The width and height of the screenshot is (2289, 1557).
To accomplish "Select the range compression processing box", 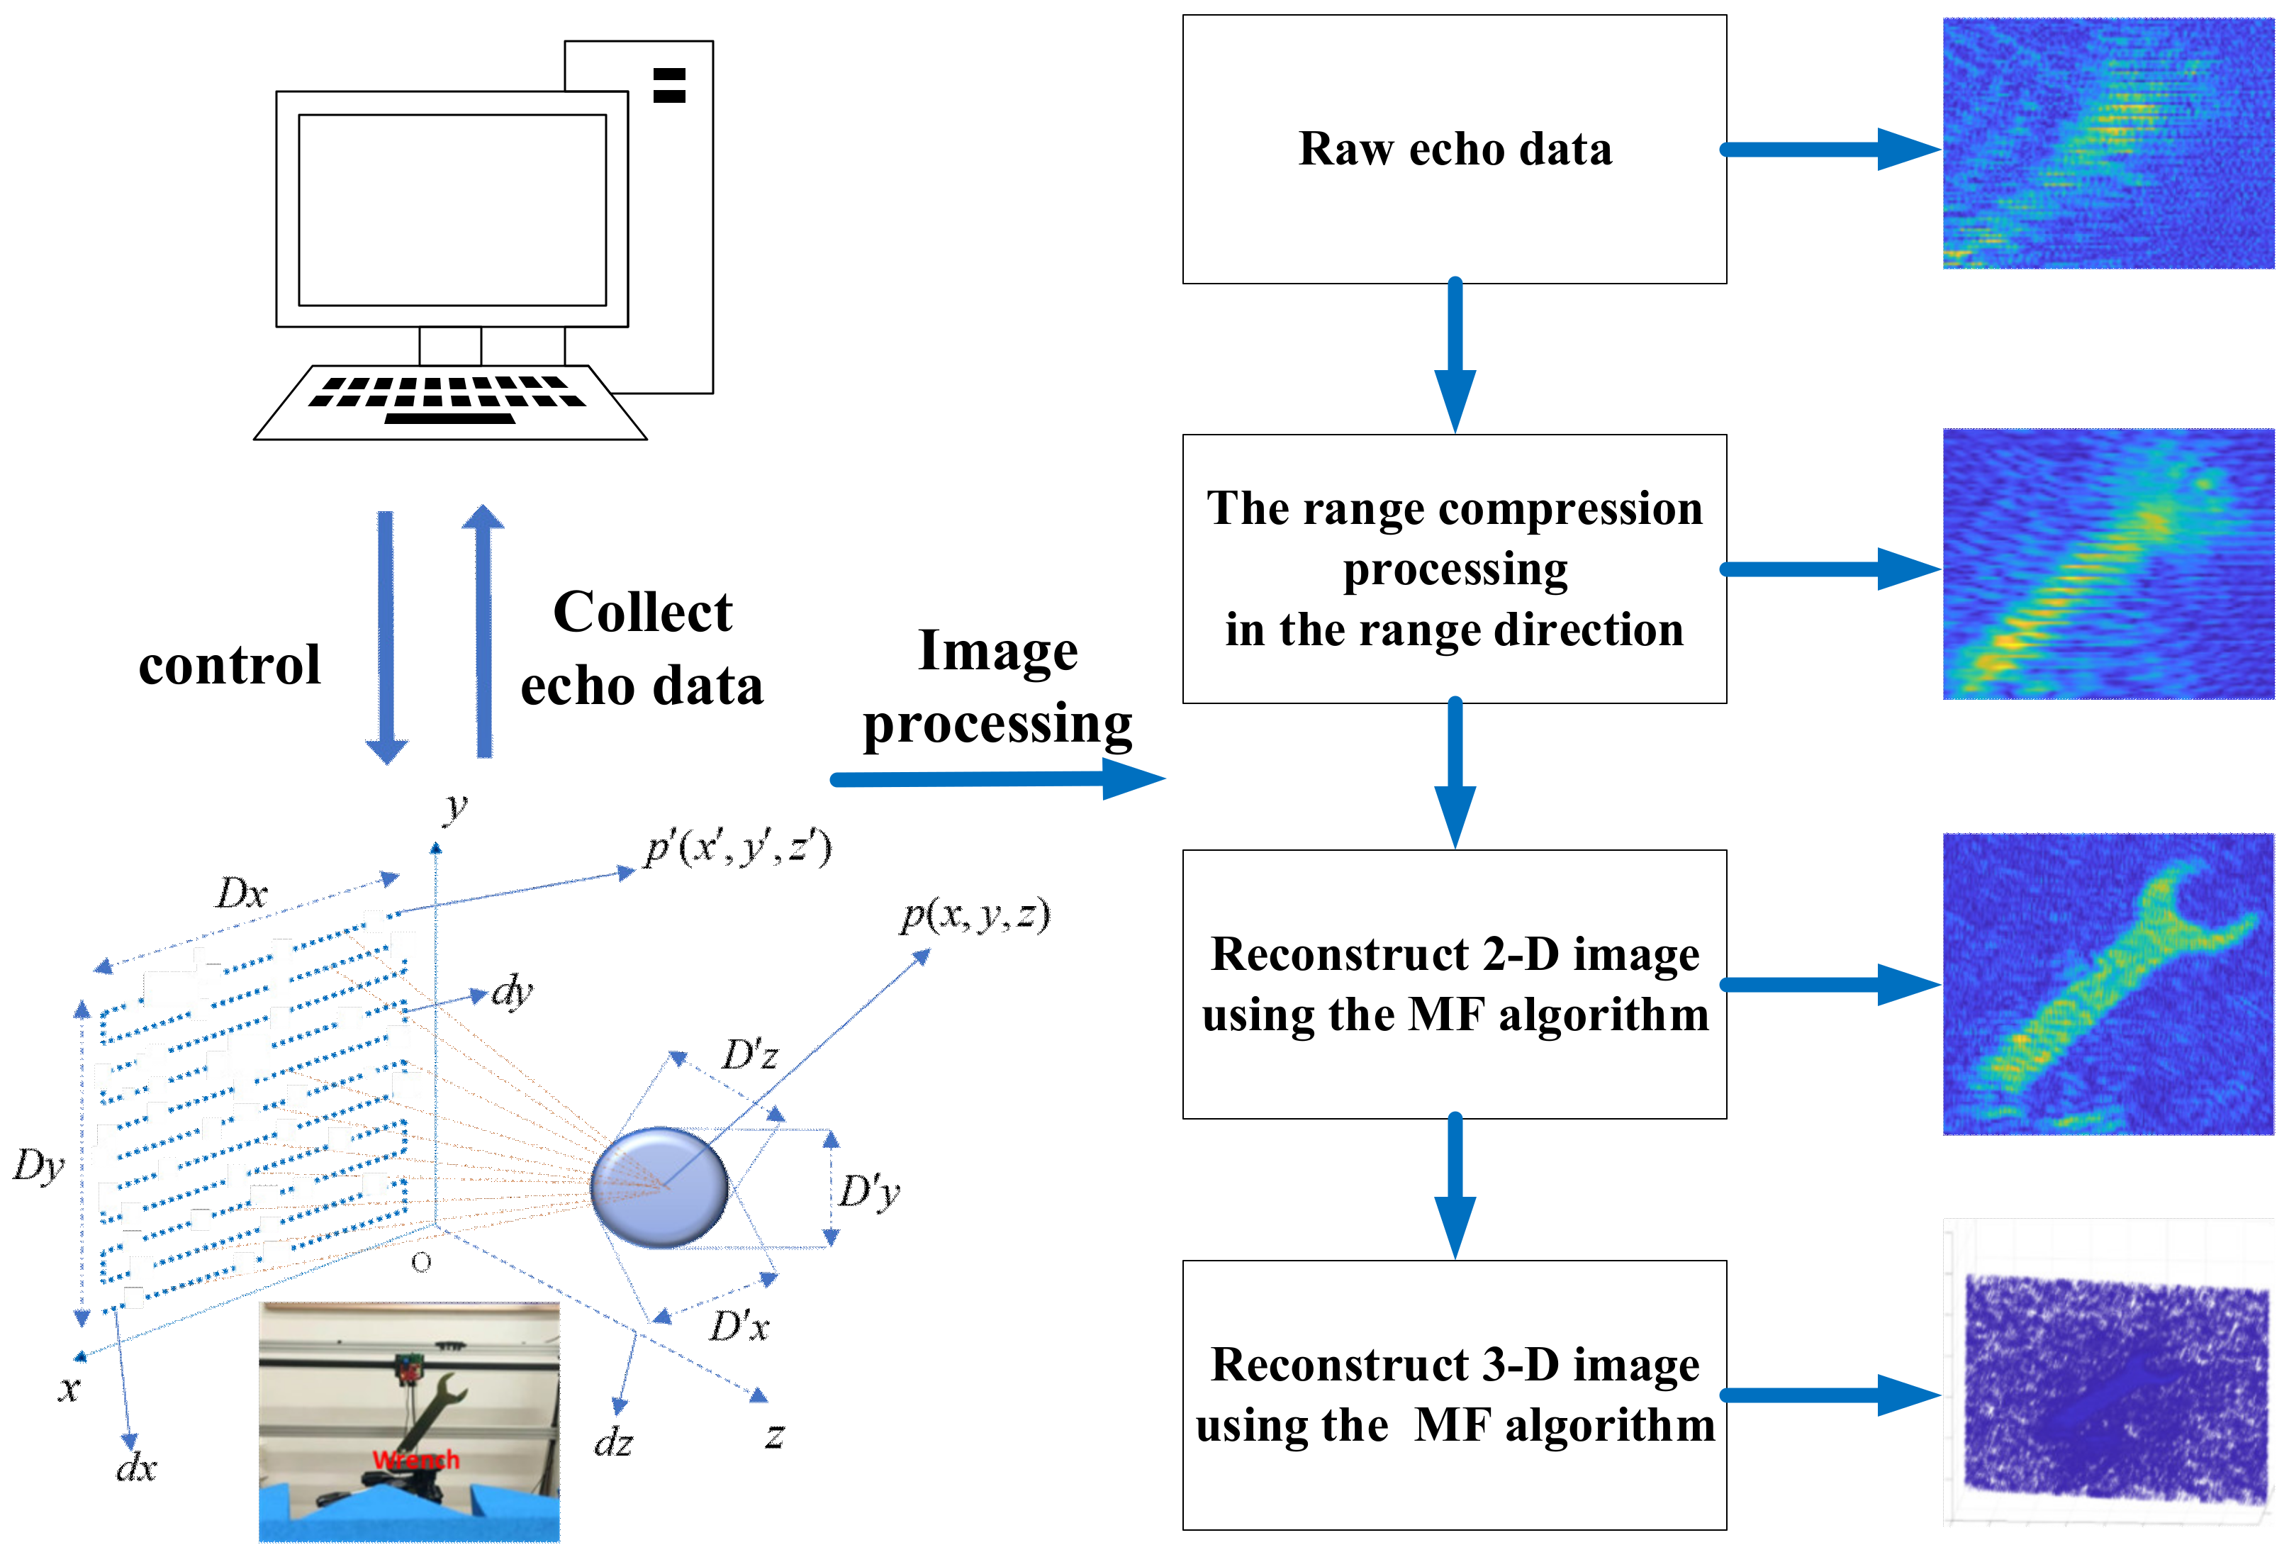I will [x=1454, y=569].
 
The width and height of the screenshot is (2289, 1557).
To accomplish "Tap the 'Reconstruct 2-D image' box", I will [x=1454, y=984].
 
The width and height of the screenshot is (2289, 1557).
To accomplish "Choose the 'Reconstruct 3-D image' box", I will [x=1454, y=1395].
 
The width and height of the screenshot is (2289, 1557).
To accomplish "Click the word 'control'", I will [x=230, y=665].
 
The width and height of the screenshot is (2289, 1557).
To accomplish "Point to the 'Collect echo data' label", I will [x=642, y=648].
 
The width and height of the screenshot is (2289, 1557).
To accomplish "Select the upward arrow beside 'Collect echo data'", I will [x=483, y=631].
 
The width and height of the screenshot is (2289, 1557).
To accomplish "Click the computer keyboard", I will [x=451, y=403].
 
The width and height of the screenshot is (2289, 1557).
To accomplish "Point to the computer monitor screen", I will [x=452, y=210].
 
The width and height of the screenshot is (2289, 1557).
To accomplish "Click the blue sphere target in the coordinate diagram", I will [x=659, y=1188].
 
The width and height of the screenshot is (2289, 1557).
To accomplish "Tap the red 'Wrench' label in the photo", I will [x=415, y=1459].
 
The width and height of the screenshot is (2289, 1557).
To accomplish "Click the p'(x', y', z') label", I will [x=739, y=847].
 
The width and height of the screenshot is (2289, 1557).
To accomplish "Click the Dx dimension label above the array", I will [x=241, y=894].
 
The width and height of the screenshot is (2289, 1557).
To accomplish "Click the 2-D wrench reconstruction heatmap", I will [x=2108, y=984].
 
